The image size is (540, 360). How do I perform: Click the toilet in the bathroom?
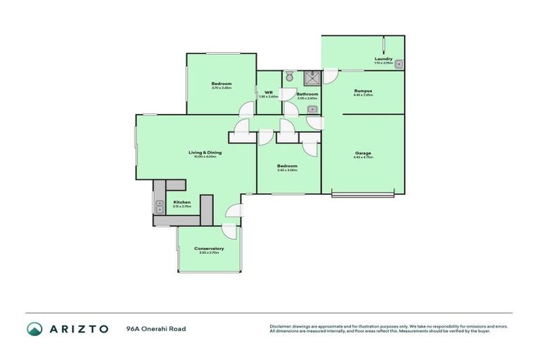(x=289, y=76)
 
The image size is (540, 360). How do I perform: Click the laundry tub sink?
(x=399, y=64)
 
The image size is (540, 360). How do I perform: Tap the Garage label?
(x=363, y=153)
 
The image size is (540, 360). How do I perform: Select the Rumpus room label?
(x=363, y=91)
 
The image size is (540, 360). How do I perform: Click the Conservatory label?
(x=210, y=248)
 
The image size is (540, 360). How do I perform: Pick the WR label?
(x=269, y=92)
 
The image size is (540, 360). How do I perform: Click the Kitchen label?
(x=181, y=202)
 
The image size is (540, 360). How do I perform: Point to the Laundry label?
(x=382, y=59)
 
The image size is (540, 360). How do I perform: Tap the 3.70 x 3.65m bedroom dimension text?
(x=221, y=88)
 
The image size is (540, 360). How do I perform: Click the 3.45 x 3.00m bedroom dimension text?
(x=287, y=170)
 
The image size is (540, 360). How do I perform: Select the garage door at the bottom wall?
(x=363, y=194)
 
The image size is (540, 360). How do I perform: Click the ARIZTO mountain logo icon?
(x=34, y=328)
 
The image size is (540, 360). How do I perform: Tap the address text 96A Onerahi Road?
(x=156, y=328)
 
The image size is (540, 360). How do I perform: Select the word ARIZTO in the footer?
(x=78, y=328)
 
